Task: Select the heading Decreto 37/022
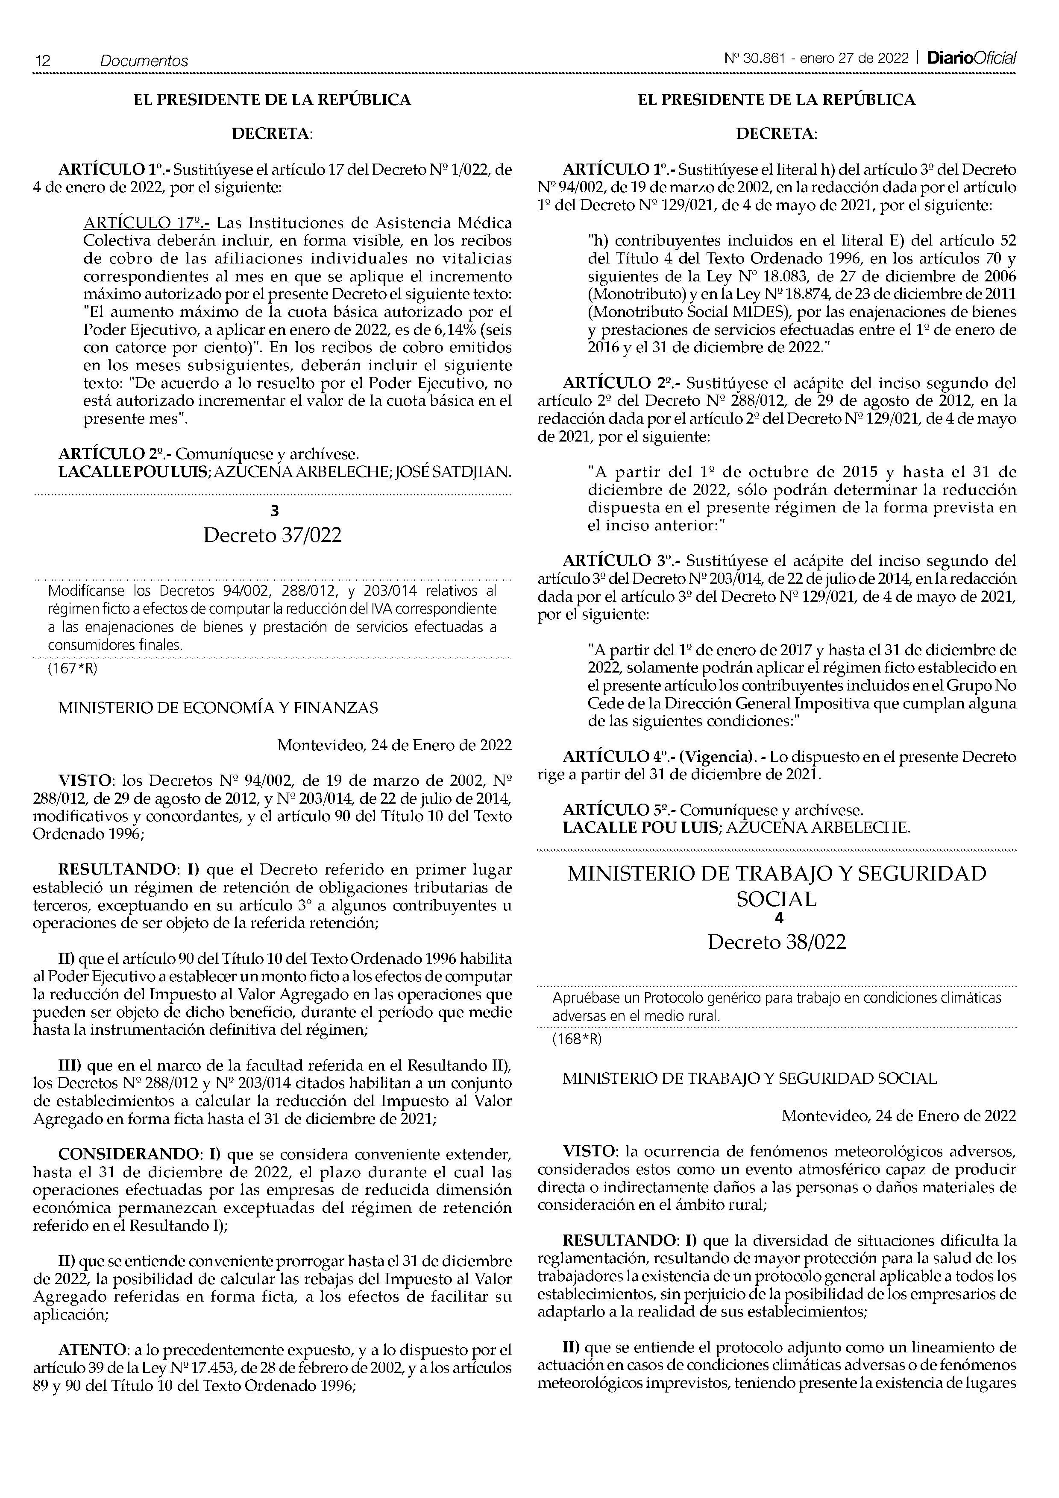(272, 535)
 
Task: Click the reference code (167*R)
(72, 669)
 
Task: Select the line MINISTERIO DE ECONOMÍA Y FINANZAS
(218, 708)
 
